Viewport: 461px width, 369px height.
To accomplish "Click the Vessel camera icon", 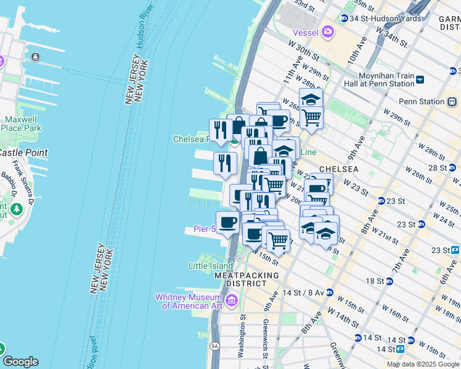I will (327, 31).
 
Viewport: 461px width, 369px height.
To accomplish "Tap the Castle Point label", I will (23, 152).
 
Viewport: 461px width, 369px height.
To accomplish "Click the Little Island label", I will (211, 266).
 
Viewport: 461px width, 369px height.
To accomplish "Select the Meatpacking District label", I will (247, 279).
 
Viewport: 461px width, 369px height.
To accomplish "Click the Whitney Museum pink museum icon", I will (232, 300).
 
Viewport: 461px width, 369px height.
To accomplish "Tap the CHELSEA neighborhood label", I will (338, 169).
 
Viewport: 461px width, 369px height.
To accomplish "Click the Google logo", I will (20, 362).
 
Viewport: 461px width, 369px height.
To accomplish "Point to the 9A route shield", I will (214, 346).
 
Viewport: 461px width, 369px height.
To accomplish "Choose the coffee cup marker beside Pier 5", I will (227, 223).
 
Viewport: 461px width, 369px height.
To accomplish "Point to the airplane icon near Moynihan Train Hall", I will (420, 79).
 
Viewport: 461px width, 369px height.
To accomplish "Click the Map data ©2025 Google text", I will (423, 364).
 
